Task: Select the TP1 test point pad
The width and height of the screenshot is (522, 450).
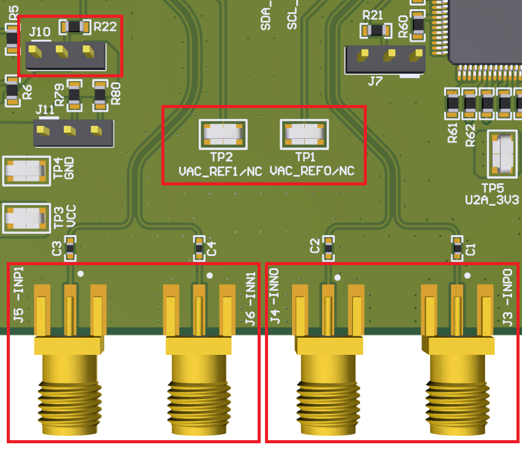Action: click(x=304, y=134)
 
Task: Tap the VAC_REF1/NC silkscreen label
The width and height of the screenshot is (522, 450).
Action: click(x=220, y=171)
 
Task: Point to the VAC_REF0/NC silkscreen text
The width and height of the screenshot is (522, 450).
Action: click(x=312, y=171)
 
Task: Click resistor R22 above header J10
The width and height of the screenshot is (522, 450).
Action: click(x=74, y=26)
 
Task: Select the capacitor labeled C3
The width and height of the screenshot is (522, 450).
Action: click(x=70, y=248)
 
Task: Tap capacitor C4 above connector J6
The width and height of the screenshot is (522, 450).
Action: click(x=199, y=248)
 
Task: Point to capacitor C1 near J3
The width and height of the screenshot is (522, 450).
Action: click(x=457, y=247)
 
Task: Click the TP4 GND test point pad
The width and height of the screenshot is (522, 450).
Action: click(x=26, y=170)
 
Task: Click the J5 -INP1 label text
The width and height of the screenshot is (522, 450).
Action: click(x=18, y=295)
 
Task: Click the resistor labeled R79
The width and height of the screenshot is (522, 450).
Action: click(x=74, y=95)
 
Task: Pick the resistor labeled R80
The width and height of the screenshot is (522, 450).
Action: click(x=100, y=95)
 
